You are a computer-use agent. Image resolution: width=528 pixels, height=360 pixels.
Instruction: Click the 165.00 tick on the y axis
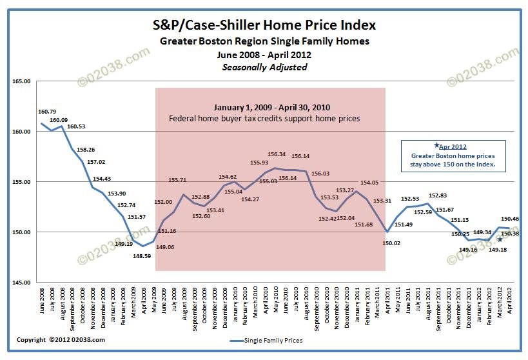pos(21,81)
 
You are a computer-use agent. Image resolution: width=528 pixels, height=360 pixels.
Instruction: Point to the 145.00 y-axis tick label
pos(21,282)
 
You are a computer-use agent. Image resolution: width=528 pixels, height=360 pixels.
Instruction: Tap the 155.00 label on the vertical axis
pos(21,182)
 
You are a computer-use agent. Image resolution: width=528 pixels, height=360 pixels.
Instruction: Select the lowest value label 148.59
pos(142,256)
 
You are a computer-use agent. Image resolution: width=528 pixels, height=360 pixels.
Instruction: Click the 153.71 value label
pos(177,180)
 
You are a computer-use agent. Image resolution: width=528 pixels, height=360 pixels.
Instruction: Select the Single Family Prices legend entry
pos(268,340)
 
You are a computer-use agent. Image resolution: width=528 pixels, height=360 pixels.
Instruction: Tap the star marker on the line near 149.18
pos(500,240)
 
